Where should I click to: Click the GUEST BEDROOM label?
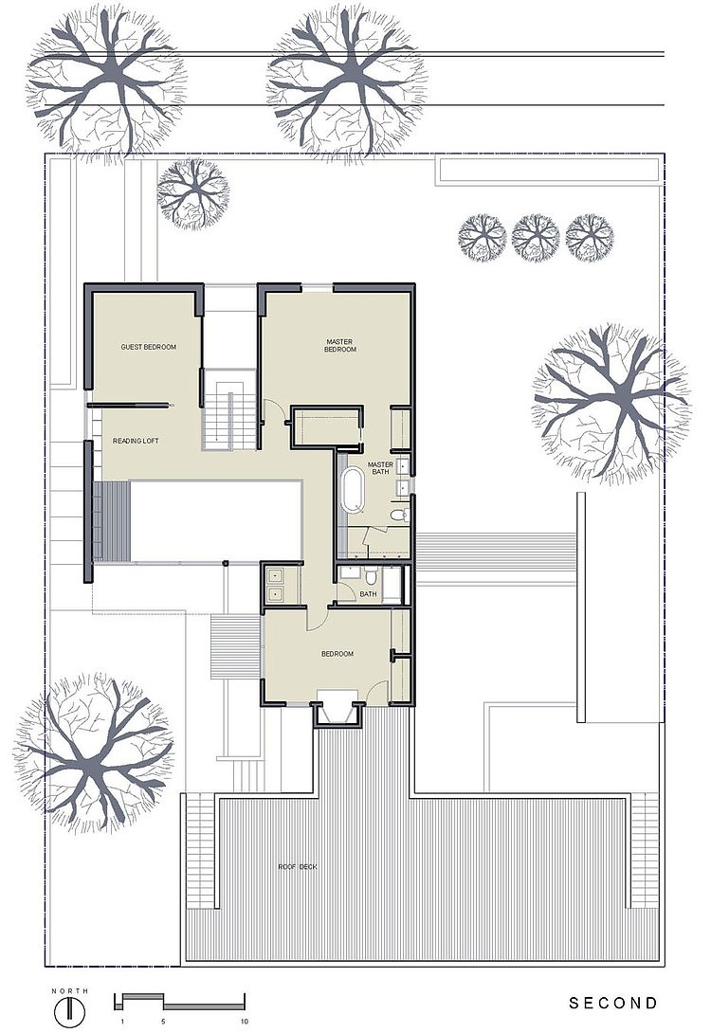[x=148, y=347]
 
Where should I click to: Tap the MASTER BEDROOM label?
[x=340, y=345]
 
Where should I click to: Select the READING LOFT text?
[x=136, y=441]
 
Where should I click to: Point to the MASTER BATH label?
[x=381, y=468]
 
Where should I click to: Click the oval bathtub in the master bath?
[x=354, y=489]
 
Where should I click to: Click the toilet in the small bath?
[x=371, y=576]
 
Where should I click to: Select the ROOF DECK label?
[x=297, y=866]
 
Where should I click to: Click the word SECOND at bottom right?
[x=612, y=1003]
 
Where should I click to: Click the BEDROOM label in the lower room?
[x=337, y=654]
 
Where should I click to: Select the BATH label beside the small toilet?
[x=369, y=594]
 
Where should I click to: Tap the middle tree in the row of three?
[x=536, y=238]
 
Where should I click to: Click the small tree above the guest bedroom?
[x=193, y=193]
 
